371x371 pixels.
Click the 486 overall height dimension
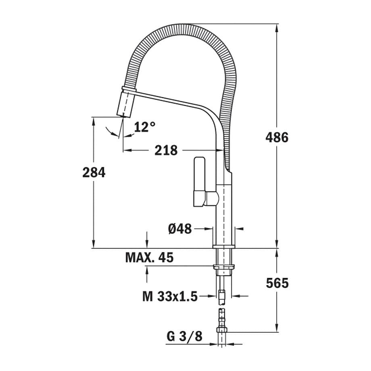pyautogui.click(x=277, y=138)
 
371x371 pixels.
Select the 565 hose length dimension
pyautogui.click(x=277, y=283)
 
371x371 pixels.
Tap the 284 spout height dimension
pyautogui.click(x=94, y=173)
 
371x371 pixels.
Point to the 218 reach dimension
pyautogui.click(x=166, y=150)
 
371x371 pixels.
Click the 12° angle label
pyautogui.click(x=144, y=127)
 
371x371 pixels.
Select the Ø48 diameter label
pyautogui.click(x=180, y=229)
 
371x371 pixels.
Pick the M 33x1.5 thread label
pyautogui.click(x=170, y=297)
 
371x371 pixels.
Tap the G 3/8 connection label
pyautogui.click(x=184, y=336)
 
